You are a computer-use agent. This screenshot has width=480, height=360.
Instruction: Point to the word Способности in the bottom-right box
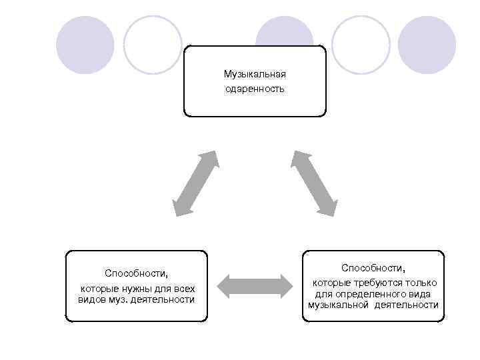pyautogui.click(x=373, y=267)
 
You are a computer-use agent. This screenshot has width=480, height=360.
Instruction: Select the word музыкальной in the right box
pyautogui.click(x=338, y=305)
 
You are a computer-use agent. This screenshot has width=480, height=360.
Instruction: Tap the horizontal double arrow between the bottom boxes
pyautogui.click(x=255, y=285)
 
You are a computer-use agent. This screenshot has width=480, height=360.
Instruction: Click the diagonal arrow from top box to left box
pyautogui.click(x=195, y=183)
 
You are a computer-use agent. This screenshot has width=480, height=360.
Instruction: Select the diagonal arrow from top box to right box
pyautogui.click(x=313, y=183)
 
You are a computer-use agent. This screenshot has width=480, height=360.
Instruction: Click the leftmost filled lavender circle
pyautogui.click(x=85, y=45)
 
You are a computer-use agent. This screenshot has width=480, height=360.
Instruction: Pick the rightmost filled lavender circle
pyautogui.click(x=427, y=45)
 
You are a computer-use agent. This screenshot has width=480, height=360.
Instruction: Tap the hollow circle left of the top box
pyautogui.click(x=153, y=45)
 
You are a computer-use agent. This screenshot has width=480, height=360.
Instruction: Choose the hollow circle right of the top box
pyautogui.click(x=361, y=45)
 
